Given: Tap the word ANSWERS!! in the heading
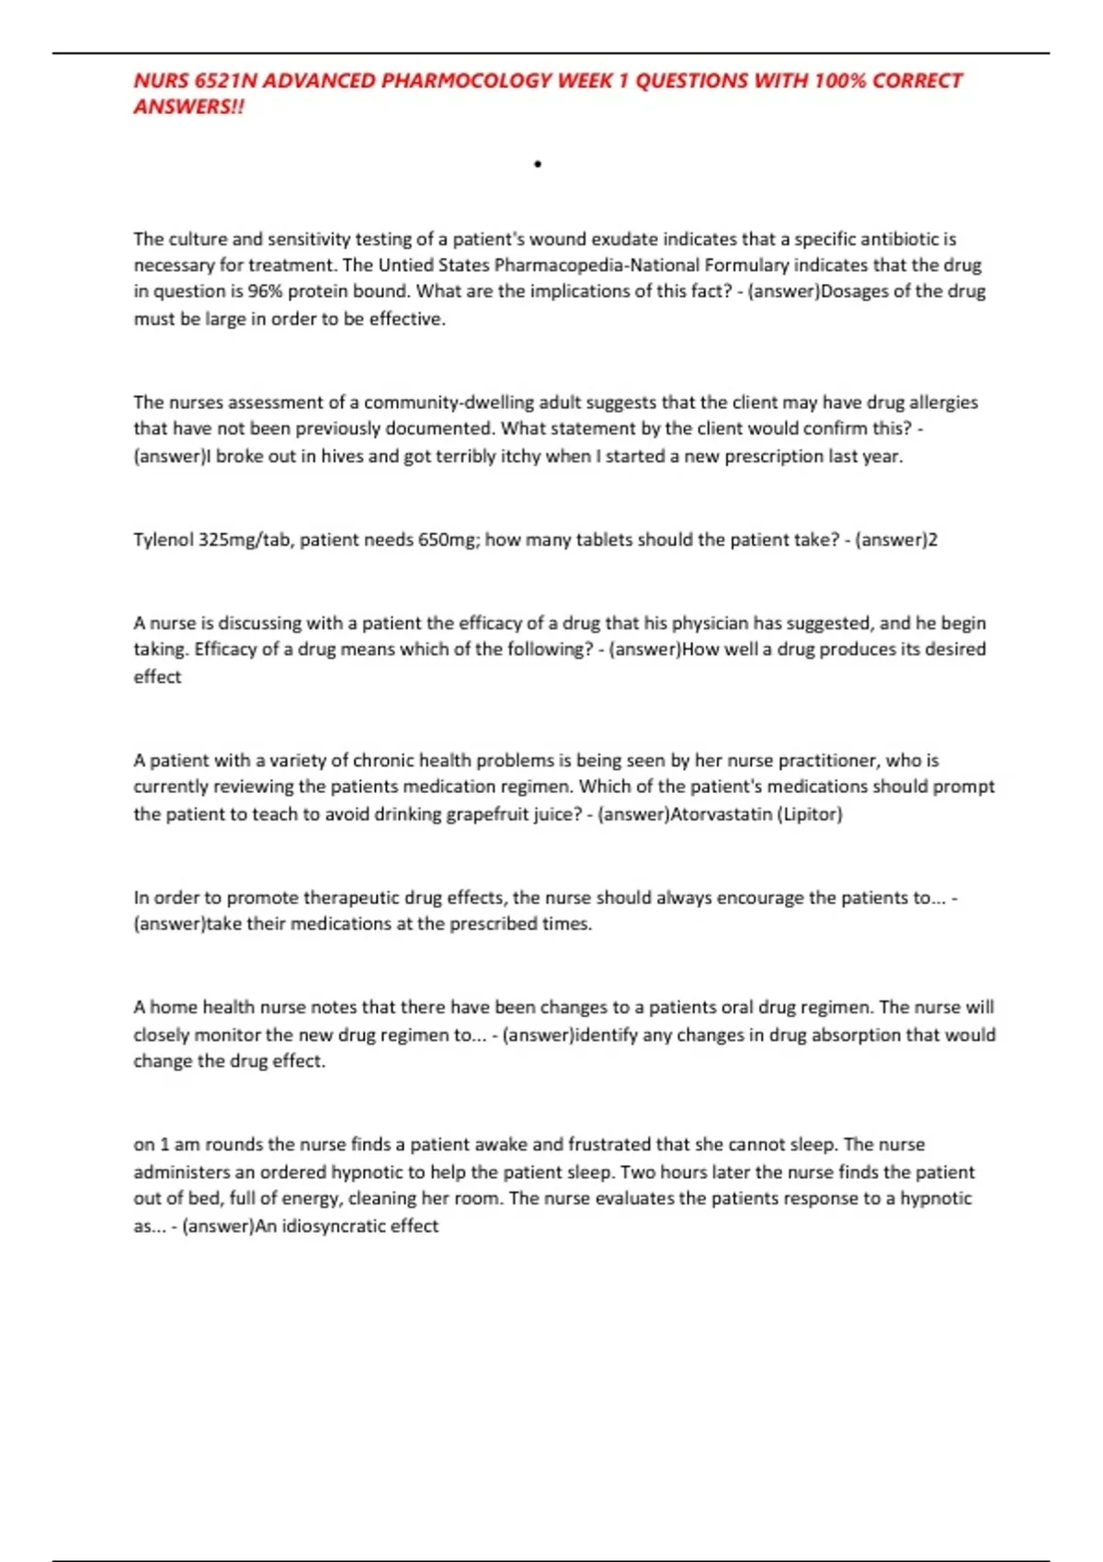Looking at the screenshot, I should pos(189,107).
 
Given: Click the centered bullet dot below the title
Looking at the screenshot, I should pos(538,164).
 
